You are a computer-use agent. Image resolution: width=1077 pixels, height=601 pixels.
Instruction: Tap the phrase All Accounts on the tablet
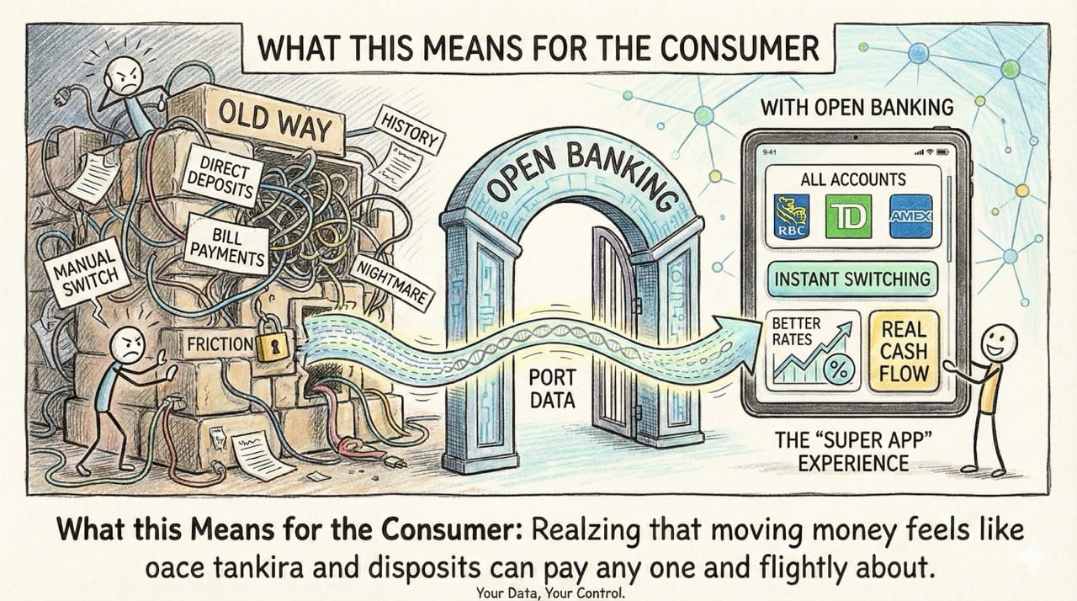[852, 179]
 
